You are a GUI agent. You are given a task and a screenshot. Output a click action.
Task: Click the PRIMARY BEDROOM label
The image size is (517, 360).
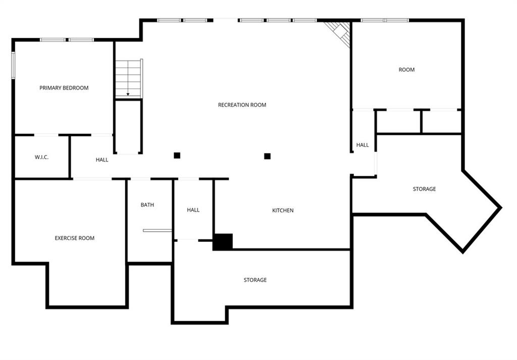point(64,88)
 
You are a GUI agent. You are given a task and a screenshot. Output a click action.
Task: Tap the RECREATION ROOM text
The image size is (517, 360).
point(242,105)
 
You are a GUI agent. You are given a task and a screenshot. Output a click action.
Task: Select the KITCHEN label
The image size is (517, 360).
point(283,211)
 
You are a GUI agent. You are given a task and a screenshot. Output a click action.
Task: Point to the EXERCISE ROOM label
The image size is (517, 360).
point(75,238)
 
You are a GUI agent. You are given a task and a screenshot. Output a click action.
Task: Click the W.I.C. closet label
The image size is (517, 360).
point(41,157)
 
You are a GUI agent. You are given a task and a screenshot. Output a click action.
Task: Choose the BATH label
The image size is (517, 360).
point(147,204)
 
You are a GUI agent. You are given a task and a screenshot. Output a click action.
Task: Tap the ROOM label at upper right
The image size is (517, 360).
point(406,70)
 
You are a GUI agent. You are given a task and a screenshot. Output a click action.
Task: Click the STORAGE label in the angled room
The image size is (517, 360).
point(424,189)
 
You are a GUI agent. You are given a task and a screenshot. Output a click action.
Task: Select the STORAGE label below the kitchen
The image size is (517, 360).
point(255,280)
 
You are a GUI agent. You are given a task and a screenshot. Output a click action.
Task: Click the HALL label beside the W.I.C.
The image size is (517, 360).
point(102,160)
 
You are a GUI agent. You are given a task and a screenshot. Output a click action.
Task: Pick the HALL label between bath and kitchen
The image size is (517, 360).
point(193,210)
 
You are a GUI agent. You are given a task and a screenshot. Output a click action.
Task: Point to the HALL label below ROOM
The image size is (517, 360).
point(363,145)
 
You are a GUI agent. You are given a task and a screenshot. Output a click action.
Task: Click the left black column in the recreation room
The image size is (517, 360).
point(177,156)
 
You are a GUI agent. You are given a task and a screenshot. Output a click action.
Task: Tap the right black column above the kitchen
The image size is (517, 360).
point(268,156)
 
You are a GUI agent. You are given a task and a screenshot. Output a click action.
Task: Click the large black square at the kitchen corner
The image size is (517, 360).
point(223,242)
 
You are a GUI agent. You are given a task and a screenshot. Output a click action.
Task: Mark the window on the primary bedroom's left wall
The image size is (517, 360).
point(13,65)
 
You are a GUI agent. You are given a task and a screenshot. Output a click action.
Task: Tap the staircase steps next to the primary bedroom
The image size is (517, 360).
point(129,78)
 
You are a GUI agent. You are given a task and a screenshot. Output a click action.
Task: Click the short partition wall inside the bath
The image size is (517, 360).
point(158,230)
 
